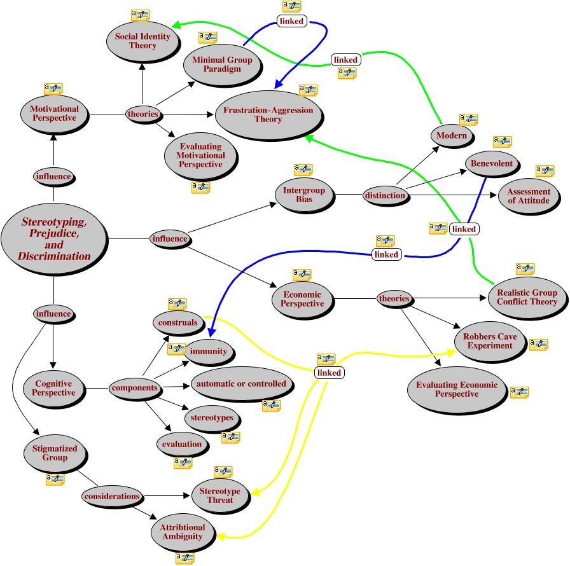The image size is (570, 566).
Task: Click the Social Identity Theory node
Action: [x=142, y=41]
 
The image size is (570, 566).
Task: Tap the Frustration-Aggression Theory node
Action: [x=267, y=115]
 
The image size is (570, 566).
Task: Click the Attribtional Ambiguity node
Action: [x=182, y=532]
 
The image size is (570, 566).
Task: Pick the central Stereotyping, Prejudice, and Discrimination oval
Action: [x=54, y=239]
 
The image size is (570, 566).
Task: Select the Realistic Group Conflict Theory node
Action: [x=526, y=298]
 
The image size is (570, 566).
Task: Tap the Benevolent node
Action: [x=492, y=164]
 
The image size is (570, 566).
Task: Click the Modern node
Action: [x=452, y=135]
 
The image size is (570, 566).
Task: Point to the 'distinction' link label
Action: [x=385, y=195]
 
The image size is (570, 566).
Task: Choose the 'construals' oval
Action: [x=179, y=322]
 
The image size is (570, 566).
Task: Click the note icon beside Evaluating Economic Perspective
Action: [x=519, y=392]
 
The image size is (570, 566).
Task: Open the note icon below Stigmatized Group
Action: [x=55, y=480]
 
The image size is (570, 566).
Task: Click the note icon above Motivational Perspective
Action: [x=53, y=89]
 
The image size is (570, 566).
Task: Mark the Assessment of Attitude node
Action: [x=529, y=196]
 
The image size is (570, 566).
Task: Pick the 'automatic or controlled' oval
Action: [x=241, y=384]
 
